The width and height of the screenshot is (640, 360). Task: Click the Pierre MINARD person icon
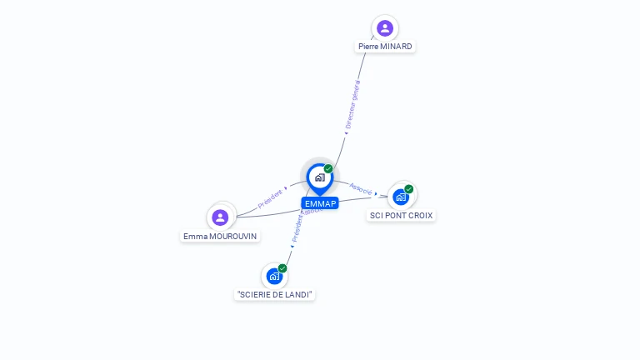point(384,28)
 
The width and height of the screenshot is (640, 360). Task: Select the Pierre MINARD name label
point(385,47)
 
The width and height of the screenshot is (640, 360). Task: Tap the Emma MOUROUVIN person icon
point(220,217)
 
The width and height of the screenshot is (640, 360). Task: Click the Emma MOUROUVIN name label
point(221,236)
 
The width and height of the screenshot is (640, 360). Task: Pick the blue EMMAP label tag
point(320,203)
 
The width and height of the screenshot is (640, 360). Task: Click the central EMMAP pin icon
point(319,177)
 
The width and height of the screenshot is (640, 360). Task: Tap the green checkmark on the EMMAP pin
point(328,169)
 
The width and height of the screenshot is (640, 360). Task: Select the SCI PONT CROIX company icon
point(401,197)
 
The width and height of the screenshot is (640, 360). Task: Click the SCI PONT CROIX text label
point(402,215)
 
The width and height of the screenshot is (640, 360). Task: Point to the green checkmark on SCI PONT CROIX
point(409,189)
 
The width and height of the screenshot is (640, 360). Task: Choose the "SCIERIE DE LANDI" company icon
point(274,276)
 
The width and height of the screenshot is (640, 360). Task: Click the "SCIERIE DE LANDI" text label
point(275,294)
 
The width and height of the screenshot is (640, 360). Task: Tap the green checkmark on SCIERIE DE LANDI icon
point(282,268)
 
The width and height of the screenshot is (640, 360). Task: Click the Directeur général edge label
point(352,106)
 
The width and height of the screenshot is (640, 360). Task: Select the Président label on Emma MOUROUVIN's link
point(270,197)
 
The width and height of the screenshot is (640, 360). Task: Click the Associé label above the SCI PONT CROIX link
point(361,188)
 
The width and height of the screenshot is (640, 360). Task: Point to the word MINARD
point(397,47)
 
